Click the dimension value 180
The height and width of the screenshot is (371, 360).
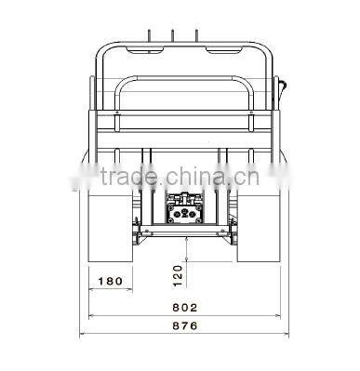coord(111,281)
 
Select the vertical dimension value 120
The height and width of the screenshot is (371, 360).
coord(178,276)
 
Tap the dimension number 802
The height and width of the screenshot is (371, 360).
coord(185,308)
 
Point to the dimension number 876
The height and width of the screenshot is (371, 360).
coord(185,325)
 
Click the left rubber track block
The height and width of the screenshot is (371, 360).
coord(111,225)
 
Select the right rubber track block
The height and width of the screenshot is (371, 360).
coord(259,225)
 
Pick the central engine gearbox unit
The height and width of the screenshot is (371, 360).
coord(185,207)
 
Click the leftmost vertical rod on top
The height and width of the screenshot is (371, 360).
coord(149,36)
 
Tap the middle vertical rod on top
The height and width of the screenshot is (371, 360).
coord(172,36)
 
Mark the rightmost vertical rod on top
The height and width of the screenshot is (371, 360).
coord(196,36)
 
